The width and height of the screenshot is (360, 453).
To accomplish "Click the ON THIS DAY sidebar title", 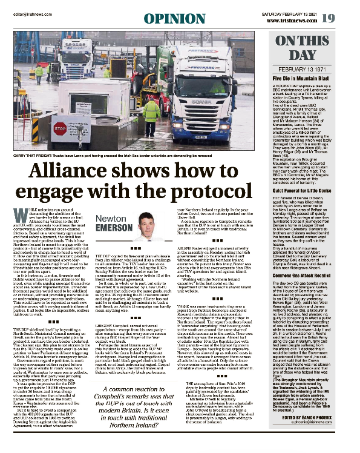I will (315, 48).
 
